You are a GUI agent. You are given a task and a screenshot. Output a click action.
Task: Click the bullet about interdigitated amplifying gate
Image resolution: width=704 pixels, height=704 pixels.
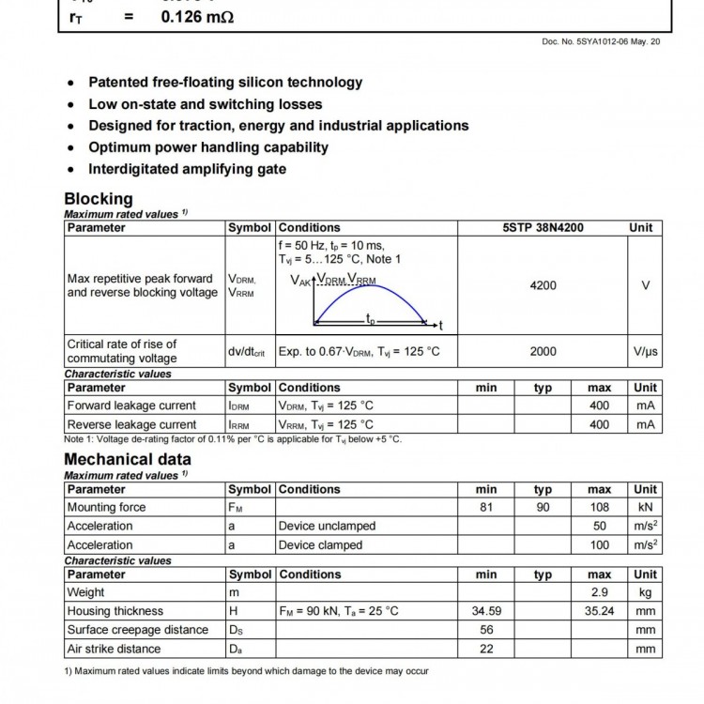point(187,169)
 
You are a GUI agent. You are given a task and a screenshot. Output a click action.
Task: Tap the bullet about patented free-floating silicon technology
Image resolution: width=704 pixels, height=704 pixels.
point(224,83)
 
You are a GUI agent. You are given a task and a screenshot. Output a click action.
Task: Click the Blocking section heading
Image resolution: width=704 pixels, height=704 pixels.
point(99,199)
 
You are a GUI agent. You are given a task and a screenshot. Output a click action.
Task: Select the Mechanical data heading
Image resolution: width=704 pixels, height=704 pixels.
point(127,459)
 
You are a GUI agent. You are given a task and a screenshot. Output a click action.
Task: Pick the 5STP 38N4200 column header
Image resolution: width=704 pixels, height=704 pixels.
point(543,227)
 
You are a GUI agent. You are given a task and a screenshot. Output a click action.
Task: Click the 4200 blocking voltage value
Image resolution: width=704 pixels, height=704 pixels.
point(543,285)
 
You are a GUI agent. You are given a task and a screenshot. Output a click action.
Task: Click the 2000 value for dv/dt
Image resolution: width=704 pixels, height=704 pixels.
point(543,351)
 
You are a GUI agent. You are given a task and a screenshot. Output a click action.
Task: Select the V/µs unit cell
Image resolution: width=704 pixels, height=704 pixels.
point(645,351)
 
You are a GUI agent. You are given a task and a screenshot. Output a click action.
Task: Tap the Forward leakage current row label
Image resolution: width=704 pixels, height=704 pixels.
point(131,406)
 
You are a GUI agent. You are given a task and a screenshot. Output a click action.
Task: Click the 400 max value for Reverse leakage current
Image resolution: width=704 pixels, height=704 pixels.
point(599,424)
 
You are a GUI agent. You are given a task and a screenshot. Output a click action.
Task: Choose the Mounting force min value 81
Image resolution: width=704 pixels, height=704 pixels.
point(486,507)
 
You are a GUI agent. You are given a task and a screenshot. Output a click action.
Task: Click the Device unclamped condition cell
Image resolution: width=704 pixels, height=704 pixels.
point(326,526)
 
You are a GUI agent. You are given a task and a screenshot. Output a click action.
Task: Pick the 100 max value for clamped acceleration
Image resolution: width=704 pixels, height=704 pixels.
point(599,544)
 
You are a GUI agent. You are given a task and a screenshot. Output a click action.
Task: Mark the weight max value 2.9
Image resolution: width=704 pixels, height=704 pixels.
point(599,592)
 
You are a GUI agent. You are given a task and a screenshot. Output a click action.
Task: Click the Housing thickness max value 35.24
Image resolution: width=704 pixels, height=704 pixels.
point(599,611)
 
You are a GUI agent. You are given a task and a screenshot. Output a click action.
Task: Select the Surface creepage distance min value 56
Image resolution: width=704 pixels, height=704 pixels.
point(486,630)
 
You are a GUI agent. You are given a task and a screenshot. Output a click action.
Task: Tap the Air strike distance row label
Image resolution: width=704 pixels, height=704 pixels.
point(114,649)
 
